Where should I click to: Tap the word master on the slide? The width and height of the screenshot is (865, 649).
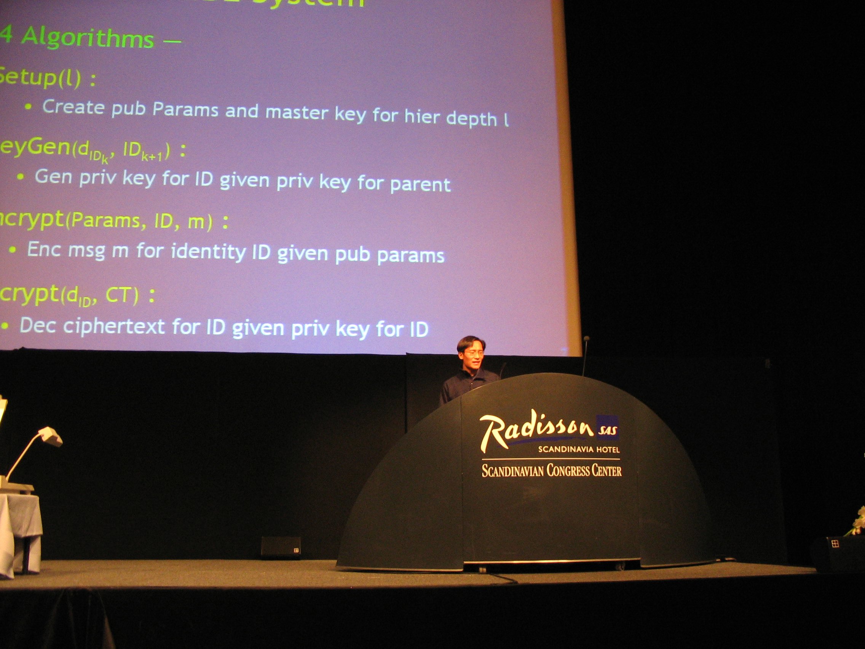click(297, 113)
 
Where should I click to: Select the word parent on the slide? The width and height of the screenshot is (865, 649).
click(420, 185)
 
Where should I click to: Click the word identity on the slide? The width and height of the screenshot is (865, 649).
click(208, 252)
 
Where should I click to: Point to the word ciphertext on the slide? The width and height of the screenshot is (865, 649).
click(114, 326)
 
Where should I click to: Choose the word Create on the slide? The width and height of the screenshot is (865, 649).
click(73, 107)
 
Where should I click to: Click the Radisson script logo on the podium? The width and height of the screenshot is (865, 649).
click(536, 432)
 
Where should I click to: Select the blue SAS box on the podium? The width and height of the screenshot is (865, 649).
click(607, 427)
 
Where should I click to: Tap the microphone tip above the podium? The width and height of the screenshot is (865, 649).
click(586, 338)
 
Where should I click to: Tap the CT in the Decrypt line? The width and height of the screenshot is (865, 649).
click(117, 296)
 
